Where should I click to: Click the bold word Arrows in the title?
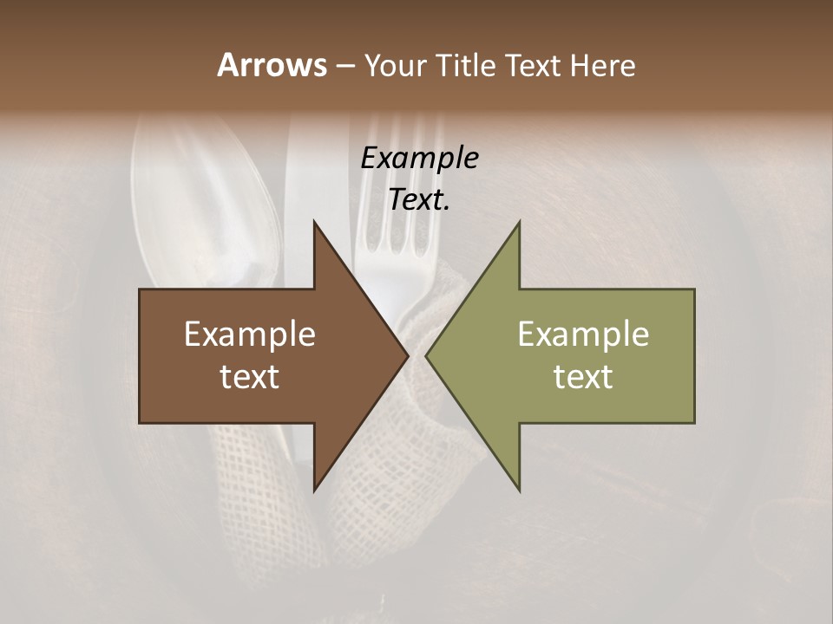pyautogui.click(x=271, y=65)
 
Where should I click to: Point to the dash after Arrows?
pyautogui.click(x=344, y=67)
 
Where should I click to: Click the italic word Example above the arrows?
pyautogui.click(x=419, y=158)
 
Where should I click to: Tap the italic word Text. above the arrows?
pyautogui.click(x=419, y=200)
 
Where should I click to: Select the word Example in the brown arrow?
pyautogui.click(x=250, y=334)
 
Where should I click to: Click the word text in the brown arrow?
pyautogui.click(x=250, y=376)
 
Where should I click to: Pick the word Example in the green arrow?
pyautogui.click(x=583, y=334)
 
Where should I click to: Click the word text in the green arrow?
pyautogui.click(x=583, y=376)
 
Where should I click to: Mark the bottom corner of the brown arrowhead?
pyautogui.click(x=315, y=490)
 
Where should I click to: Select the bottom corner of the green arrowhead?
pyautogui.click(x=518, y=490)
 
